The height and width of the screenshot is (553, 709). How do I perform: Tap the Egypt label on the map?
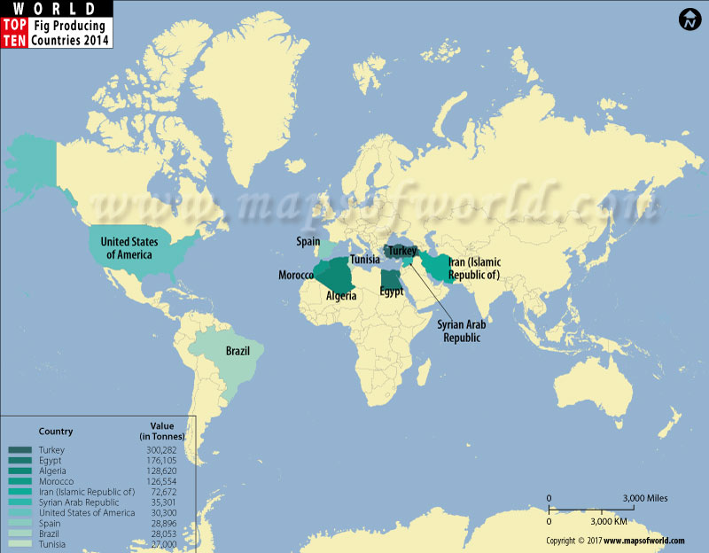(x=391, y=291)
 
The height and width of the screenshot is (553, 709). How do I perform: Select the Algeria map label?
(x=341, y=296)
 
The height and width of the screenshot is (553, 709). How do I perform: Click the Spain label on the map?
(x=308, y=241)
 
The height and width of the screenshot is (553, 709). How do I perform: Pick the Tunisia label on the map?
(x=365, y=260)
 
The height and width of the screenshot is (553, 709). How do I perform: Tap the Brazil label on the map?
(x=237, y=352)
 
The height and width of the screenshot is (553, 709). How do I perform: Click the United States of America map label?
(x=126, y=248)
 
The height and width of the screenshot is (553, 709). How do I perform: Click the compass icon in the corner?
(x=689, y=19)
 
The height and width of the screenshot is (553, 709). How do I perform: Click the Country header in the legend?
(x=56, y=432)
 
